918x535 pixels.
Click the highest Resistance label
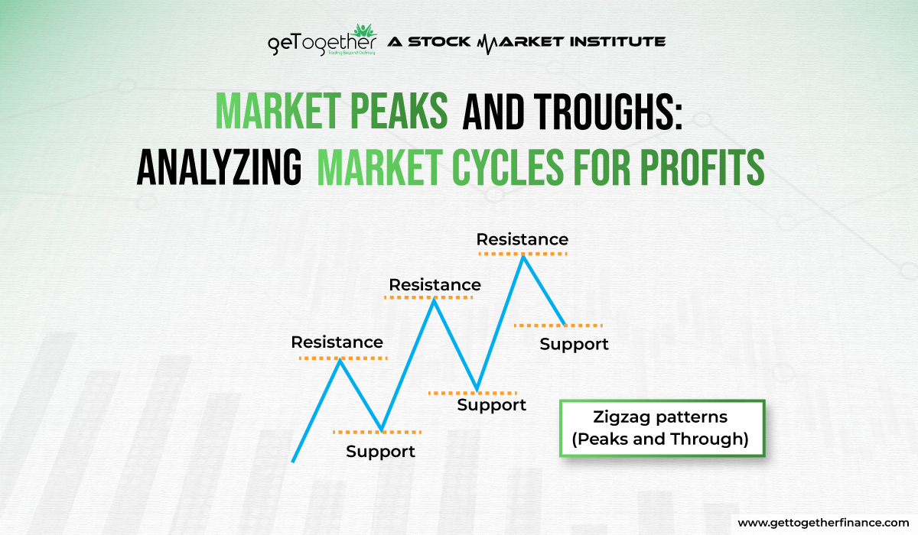(522, 239)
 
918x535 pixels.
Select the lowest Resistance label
(337, 342)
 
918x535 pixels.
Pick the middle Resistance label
(435, 285)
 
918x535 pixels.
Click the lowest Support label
(380, 451)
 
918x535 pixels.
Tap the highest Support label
(574, 344)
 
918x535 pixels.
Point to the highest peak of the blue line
(523, 257)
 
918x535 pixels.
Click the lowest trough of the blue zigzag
(382, 430)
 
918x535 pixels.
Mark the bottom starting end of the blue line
(293, 461)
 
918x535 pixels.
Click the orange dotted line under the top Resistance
(522, 251)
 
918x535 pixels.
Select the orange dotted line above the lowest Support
(377, 433)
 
